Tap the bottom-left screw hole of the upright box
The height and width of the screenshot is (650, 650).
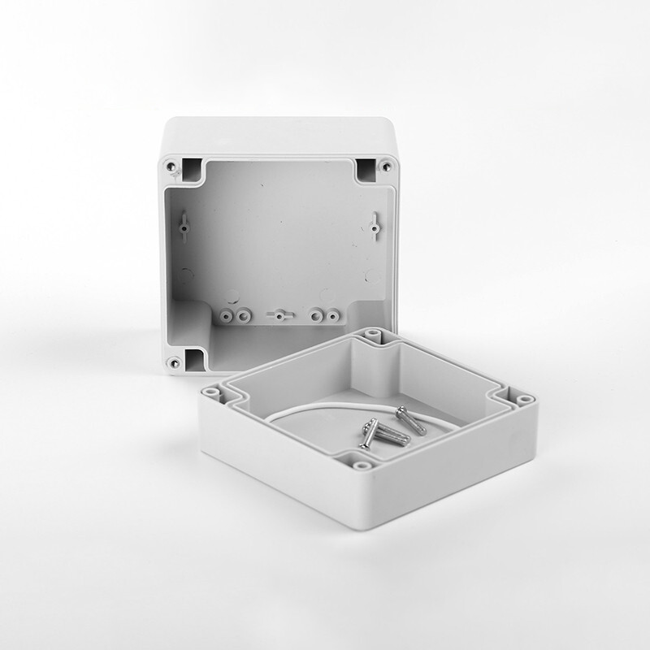(172, 362)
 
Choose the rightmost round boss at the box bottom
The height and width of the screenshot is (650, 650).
(332, 314)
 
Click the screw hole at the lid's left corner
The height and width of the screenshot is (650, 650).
(211, 392)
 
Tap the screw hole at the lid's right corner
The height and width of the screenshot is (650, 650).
(524, 400)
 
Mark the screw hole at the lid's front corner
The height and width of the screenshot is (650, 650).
(358, 466)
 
